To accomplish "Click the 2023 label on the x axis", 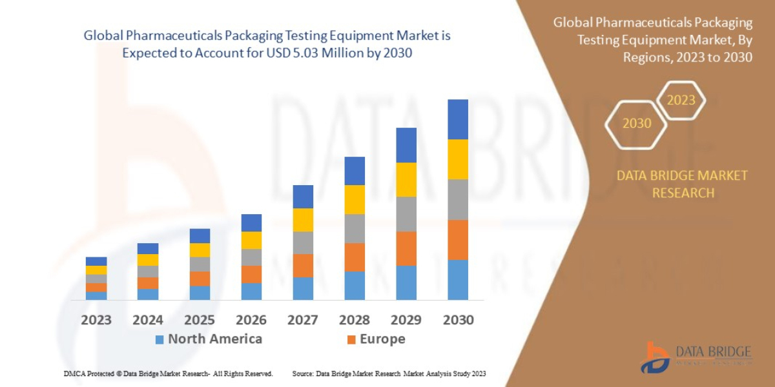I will pos(96,319).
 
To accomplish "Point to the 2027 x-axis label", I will pos(302,319).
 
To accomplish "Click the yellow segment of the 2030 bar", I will pos(458,159).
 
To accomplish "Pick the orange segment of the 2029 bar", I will pos(406,248).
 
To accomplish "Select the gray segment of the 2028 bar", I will pos(355,228).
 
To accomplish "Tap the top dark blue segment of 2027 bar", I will pos(303,197).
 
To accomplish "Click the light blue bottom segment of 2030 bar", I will pos(458,280).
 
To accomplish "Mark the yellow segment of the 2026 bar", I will pos(251,240).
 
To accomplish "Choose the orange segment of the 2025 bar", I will pos(200,279).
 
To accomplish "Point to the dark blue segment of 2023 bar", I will pos(96,261).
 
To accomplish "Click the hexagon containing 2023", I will pos(681,101).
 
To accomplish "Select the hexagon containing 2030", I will pos(637,123).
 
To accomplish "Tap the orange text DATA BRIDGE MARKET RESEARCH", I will pos(682,184).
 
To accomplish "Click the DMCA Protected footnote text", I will pos(168,373).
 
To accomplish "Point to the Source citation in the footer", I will pos(389,373).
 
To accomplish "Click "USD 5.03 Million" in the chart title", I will pos(305,54).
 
